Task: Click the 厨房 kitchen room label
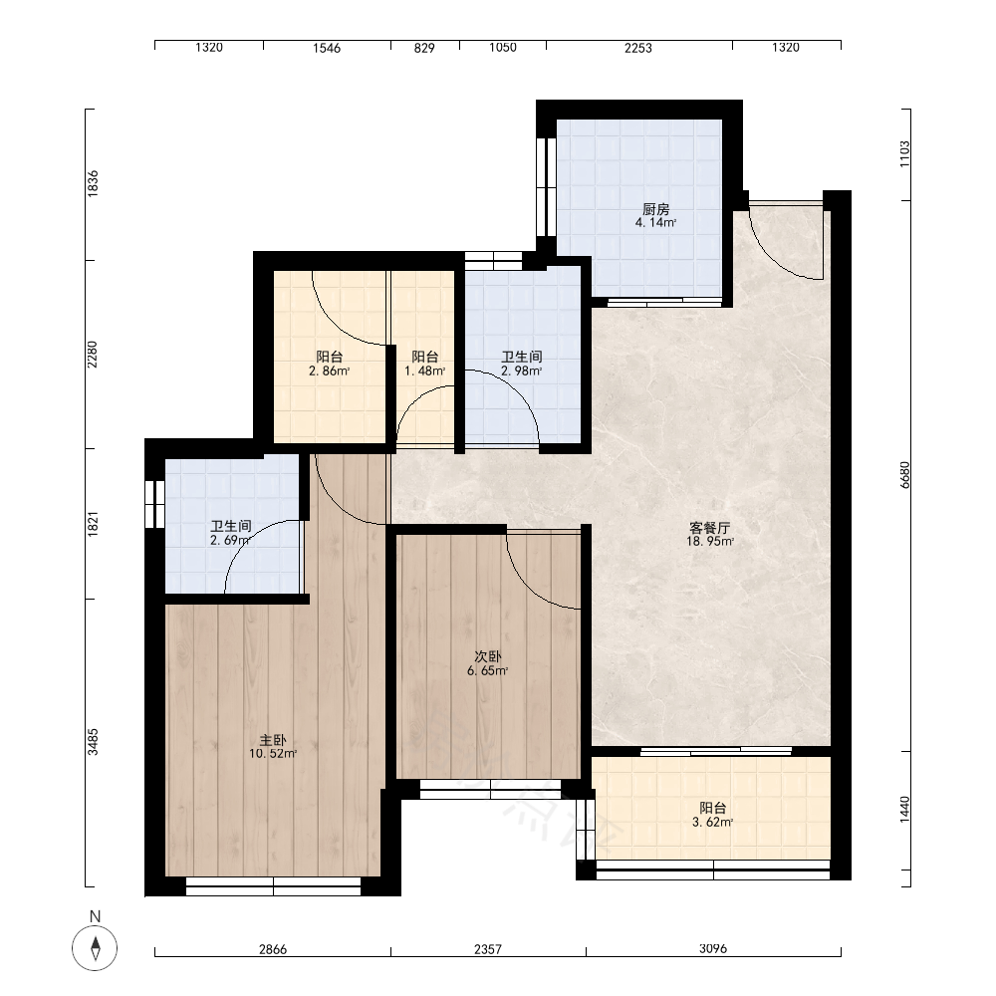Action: [x=655, y=209]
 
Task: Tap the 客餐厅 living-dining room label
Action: [x=709, y=527]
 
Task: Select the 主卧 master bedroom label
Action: [x=273, y=740]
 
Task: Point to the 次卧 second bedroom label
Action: [x=487, y=656]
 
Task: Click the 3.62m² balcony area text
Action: [x=713, y=822]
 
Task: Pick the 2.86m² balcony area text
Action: [x=329, y=371]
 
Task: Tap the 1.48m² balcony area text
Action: [x=425, y=371]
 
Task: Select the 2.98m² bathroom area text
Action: [x=522, y=371]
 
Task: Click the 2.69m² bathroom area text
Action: [x=230, y=541]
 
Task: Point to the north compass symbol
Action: [x=95, y=948]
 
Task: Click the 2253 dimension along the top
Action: [x=637, y=48]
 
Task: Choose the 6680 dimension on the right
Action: [x=905, y=474]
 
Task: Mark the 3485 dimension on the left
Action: [x=93, y=741]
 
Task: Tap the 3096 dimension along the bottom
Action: [x=713, y=948]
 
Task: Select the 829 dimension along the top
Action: [x=424, y=48]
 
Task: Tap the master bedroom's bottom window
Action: [x=273, y=886]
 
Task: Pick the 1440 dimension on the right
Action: [x=905, y=810]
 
